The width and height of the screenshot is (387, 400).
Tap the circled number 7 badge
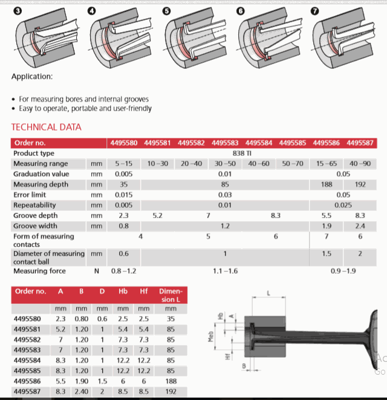click(x=316, y=10)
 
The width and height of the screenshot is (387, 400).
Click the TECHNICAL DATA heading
click(x=47, y=127)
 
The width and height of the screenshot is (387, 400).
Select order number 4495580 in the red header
click(x=123, y=143)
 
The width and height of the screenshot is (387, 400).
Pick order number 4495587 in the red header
click(x=360, y=143)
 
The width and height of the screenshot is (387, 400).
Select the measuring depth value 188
click(x=327, y=185)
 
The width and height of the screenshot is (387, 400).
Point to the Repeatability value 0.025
click(x=343, y=205)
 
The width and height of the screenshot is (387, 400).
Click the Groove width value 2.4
click(x=360, y=226)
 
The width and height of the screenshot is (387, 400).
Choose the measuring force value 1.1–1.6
click(x=224, y=271)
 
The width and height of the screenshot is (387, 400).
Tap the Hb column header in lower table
click(x=123, y=291)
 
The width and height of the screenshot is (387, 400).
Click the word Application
click(x=31, y=77)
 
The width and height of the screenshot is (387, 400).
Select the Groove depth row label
click(x=37, y=216)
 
